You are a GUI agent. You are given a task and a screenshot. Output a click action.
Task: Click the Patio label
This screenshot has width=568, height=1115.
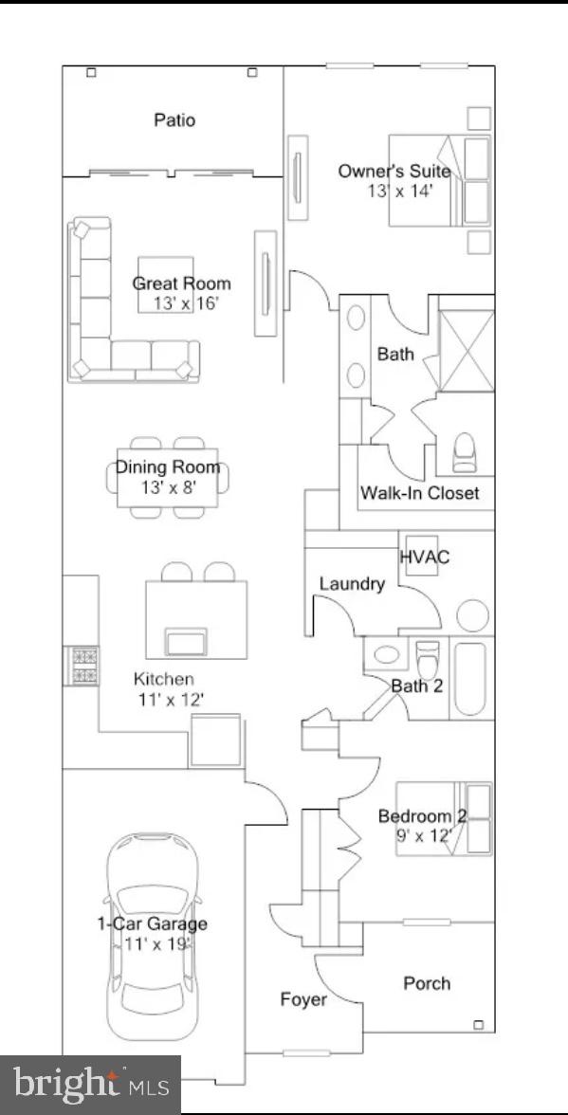pyautogui.click(x=174, y=120)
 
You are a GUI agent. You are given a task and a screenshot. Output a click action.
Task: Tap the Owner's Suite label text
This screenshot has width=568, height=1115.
pyautogui.click(x=394, y=172)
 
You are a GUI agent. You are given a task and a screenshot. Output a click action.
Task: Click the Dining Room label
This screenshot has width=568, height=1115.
pyautogui.click(x=168, y=467)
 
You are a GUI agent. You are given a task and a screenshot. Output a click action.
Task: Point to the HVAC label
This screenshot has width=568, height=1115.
pyautogui.click(x=425, y=557)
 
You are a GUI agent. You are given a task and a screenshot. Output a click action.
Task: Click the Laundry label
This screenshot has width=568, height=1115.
pyautogui.click(x=352, y=584)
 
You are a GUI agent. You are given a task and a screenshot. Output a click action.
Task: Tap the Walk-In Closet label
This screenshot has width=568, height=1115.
pyautogui.click(x=419, y=493)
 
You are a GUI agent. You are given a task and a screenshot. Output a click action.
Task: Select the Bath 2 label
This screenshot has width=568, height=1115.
pyautogui.click(x=417, y=685)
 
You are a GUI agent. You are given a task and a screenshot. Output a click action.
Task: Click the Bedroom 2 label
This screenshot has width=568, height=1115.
pyautogui.click(x=422, y=816)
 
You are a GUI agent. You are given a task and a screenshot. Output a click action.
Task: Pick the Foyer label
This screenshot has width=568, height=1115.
pyautogui.click(x=303, y=999)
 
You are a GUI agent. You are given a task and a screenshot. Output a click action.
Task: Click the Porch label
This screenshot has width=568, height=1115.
pyautogui.click(x=428, y=983)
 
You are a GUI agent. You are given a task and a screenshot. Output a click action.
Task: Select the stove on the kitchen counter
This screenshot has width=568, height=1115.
pyautogui.click(x=81, y=665)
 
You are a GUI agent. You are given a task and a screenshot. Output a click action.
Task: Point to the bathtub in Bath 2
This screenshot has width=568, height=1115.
pyautogui.click(x=470, y=679)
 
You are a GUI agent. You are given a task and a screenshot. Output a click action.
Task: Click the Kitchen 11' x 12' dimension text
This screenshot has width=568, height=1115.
pyautogui.click(x=170, y=700)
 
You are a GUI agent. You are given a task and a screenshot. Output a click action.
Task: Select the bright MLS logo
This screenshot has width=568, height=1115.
pyautogui.click(x=90, y=1084)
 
